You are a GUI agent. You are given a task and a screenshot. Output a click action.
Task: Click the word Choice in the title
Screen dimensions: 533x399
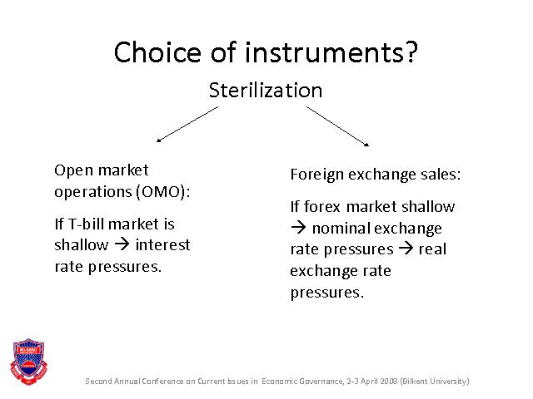pos(157,52)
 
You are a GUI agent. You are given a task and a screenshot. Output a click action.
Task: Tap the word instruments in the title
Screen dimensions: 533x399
pos(331,52)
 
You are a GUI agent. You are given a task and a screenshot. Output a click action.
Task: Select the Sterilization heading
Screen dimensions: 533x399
pos(266,91)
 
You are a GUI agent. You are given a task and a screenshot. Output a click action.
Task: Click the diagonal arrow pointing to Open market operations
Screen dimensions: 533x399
pos(187,124)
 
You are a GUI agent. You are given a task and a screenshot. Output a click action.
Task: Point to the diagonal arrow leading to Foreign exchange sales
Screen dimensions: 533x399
pos(337,126)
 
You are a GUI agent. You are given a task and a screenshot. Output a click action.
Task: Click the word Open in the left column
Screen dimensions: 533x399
pos(73,170)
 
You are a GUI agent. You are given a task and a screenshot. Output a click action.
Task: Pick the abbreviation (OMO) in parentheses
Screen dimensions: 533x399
pos(163,192)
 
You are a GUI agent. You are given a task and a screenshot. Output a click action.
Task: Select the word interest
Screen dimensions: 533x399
pos(163,244)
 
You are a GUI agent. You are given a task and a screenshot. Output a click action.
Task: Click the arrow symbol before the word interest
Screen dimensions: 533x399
pos(122,244)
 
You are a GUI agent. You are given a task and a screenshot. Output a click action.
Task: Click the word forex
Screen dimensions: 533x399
pos(322,206)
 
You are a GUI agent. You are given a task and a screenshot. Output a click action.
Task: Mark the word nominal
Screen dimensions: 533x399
pos(341,228)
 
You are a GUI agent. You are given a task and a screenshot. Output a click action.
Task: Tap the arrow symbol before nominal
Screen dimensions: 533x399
pos(298,228)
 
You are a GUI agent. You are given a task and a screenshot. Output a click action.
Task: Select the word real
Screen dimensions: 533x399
pos(432,249)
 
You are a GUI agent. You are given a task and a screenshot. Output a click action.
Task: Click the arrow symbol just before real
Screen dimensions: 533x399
pos(406,249)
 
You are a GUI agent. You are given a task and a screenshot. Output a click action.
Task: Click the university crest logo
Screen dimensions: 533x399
pos(29,362)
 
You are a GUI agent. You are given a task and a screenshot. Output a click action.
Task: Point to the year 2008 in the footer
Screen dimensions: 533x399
pos(389,381)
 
